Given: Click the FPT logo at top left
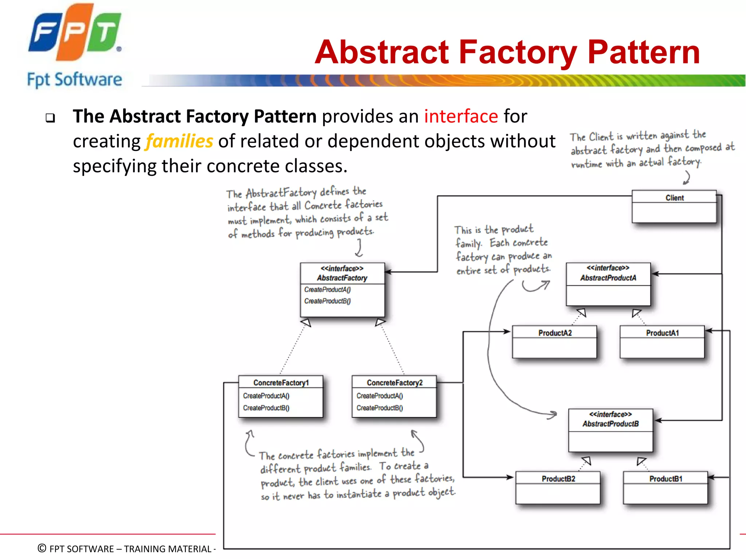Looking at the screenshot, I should tap(75, 33).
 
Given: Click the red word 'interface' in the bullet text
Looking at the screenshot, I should tap(461, 116).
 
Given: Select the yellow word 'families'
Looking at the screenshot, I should tap(179, 141).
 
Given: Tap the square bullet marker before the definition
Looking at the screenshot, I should tap(50, 118).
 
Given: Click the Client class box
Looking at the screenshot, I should tap(674, 206).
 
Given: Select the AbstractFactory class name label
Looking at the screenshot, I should tap(342, 278).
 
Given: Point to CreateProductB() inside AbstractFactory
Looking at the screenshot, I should tap(327, 301).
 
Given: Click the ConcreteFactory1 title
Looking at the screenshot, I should tap(281, 383).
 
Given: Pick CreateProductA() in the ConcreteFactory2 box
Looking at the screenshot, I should tap(380, 396).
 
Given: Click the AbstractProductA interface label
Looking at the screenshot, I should tap(608, 278).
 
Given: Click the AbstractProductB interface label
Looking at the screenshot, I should tap(610, 424).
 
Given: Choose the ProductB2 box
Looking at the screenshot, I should tap(558, 487).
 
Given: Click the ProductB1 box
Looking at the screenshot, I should tap(665, 487).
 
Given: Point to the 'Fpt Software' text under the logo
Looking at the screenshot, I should tap(75, 80).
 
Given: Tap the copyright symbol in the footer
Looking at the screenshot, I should tap(42, 548).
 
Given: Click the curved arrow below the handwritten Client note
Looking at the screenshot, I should tap(687, 178).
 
